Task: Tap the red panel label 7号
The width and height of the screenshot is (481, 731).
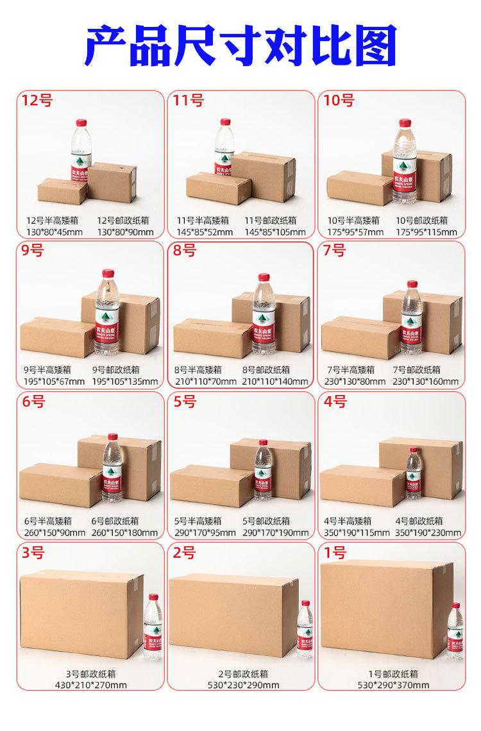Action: pos(333,250)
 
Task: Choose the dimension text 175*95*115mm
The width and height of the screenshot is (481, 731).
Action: pos(426,231)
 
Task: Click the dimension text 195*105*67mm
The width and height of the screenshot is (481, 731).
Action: pos(54,382)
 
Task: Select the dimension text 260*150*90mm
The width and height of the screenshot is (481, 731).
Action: pos(54,532)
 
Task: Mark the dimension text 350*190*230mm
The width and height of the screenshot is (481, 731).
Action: pos(426,532)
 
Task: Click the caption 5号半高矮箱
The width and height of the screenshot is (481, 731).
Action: pos(198,521)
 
